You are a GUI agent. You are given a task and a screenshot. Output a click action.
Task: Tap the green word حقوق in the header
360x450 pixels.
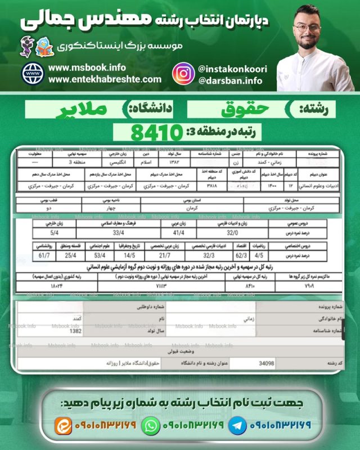(x=237, y=107)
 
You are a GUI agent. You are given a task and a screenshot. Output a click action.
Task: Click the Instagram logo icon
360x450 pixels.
(x=183, y=74)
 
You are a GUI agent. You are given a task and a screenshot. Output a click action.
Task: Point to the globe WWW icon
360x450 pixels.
(x=33, y=73)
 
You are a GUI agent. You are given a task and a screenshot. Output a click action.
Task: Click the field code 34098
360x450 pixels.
(x=263, y=363)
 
